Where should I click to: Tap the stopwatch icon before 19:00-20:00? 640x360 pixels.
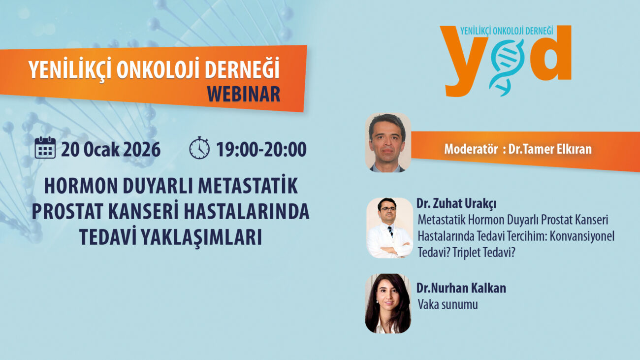click(x=199, y=148)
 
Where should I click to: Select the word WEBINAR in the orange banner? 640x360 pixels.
click(x=243, y=94)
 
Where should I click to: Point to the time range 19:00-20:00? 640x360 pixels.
click(x=261, y=149)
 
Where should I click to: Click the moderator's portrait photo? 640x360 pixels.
click(x=388, y=142)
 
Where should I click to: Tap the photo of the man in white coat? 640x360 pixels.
click(x=390, y=228)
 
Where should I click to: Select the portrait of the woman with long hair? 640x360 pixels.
click(x=388, y=303)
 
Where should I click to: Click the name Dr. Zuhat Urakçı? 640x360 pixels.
click(x=456, y=204)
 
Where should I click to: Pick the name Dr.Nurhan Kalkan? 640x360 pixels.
click(x=461, y=288)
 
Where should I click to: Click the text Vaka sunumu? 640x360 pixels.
click(x=448, y=304)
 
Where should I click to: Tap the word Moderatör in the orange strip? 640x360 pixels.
click(x=471, y=149)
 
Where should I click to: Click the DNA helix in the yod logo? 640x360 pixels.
click(x=506, y=67)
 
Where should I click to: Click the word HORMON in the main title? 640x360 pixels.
click(x=81, y=186)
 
